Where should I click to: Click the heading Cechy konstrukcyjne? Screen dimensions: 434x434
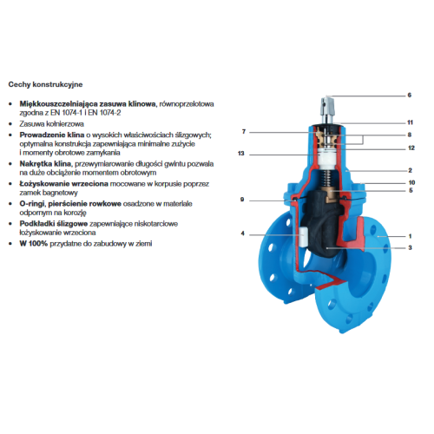(45, 84)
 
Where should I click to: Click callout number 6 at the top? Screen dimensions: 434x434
(410, 95)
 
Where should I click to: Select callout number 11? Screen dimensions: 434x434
(410, 122)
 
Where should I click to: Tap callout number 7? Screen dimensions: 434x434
(244, 132)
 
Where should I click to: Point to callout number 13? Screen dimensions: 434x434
(241, 154)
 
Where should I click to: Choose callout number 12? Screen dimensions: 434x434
(411, 148)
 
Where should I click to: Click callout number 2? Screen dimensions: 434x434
(410, 170)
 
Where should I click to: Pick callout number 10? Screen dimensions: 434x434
(411, 182)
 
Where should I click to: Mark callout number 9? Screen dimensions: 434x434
(242, 200)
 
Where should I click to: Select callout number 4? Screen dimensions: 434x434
(242, 233)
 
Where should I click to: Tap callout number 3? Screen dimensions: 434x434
(410, 247)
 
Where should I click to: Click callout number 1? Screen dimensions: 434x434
(410, 236)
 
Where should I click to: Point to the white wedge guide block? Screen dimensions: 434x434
(303, 237)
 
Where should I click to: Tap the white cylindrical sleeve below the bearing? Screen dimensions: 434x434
(325, 160)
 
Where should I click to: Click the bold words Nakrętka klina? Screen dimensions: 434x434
(45, 164)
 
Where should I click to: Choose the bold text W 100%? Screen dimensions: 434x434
(33, 244)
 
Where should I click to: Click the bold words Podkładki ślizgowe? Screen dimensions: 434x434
(54, 224)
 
